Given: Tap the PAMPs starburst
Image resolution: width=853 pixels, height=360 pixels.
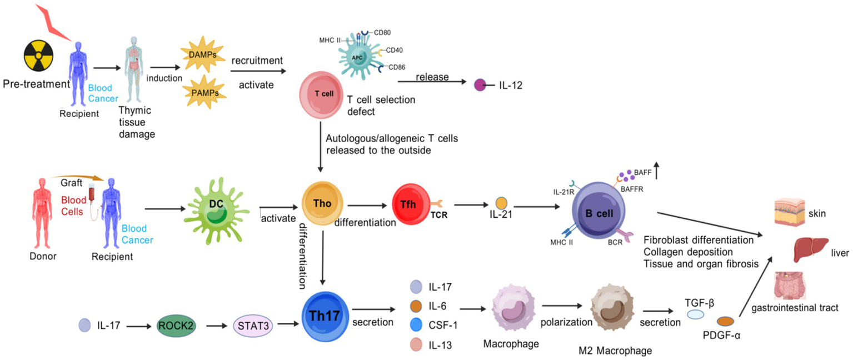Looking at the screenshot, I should pos(199,91).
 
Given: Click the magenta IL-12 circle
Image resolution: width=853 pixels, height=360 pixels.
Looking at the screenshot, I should pos(479,86).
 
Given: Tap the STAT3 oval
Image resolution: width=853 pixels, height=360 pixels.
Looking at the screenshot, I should pos(253,326).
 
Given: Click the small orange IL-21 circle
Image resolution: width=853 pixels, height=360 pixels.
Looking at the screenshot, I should pos(501,203).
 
